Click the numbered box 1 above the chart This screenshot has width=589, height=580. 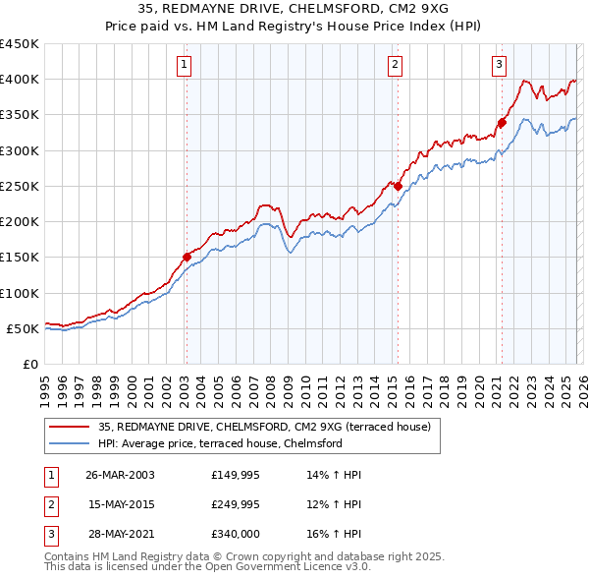point(185,66)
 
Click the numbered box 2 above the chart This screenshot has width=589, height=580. point(395,66)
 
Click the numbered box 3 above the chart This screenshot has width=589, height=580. point(499,66)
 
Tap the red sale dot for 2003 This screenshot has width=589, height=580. point(187,257)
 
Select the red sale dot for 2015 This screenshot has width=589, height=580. point(398,185)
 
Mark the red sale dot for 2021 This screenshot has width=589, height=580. point(502,123)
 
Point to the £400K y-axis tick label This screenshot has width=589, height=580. point(20,80)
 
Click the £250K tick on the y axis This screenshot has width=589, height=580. point(20,186)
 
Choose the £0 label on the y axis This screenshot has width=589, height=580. point(29,364)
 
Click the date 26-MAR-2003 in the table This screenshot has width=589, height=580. point(120,475)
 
